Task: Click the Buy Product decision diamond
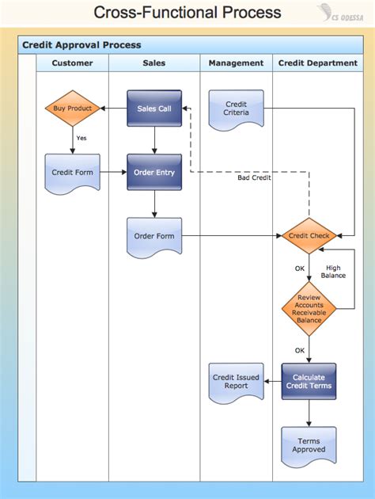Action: pyautogui.click(x=73, y=109)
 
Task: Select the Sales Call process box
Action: pyautogui.click(x=154, y=109)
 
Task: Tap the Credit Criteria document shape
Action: pyautogui.click(x=236, y=110)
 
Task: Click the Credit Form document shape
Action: pyautogui.click(x=73, y=173)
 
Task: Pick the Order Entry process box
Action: pyautogui.click(x=154, y=172)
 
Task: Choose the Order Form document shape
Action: pyautogui.click(x=154, y=238)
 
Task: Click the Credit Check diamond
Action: pyautogui.click(x=309, y=236)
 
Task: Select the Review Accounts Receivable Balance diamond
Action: pyautogui.click(x=309, y=309)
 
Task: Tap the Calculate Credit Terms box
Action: pyautogui.click(x=309, y=381)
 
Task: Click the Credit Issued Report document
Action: pyautogui.click(x=236, y=383)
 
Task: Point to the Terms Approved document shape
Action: pyautogui.click(x=309, y=447)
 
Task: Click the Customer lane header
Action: pyautogui.click(x=73, y=63)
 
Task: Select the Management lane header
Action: pyautogui.click(x=236, y=63)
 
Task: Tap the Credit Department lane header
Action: pyautogui.click(x=318, y=63)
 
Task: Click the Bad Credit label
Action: pyautogui.click(x=254, y=177)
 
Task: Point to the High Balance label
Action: pyautogui.click(x=333, y=272)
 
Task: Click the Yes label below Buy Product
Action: pyautogui.click(x=81, y=138)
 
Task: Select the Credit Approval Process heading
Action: pyautogui.click(x=81, y=45)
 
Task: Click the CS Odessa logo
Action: pyautogui.click(x=340, y=13)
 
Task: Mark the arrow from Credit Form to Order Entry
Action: pyautogui.click(x=113, y=172)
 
